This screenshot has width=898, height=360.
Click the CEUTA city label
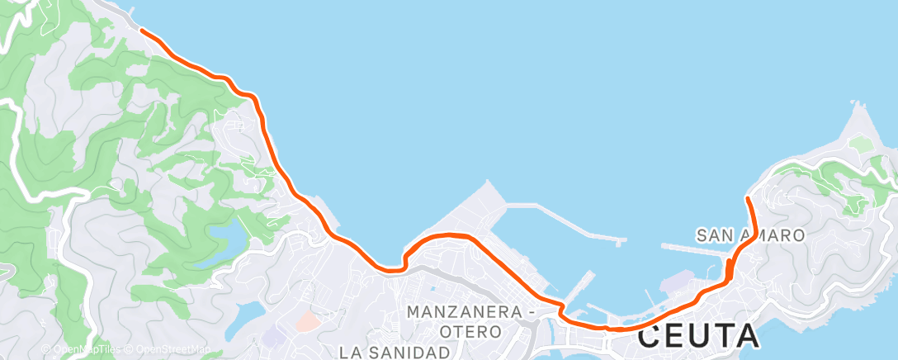click(x=698, y=335)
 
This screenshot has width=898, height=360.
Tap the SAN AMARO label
click(x=750, y=235)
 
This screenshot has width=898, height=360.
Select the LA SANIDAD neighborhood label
click(x=399, y=352)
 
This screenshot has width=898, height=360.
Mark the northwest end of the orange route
click(x=142, y=30)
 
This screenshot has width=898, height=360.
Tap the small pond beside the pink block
click(x=248, y=315)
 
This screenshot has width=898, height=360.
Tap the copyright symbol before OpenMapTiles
click(x=46, y=349)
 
